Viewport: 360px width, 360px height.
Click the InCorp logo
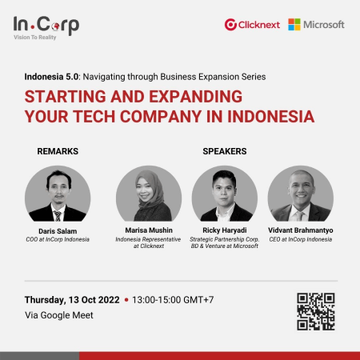click(x=46, y=28)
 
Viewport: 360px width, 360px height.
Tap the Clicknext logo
click(x=252, y=25)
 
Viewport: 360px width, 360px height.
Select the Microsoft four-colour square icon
click(x=294, y=25)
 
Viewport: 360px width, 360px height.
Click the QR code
click(x=316, y=311)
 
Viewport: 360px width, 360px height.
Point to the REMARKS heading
click(x=58, y=151)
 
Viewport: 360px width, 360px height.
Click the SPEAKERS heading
click(x=225, y=151)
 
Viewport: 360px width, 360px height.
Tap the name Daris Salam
click(x=58, y=231)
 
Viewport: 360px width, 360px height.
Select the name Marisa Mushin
click(x=149, y=230)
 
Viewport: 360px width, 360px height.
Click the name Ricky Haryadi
click(x=225, y=230)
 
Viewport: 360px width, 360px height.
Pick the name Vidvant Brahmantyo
click(x=301, y=230)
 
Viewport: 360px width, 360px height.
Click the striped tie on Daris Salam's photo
click(x=58, y=216)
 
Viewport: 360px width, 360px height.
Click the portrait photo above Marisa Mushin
click(x=149, y=194)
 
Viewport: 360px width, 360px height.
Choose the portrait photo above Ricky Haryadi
click(x=225, y=194)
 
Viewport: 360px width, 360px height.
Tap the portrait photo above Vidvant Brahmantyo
click(x=301, y=194)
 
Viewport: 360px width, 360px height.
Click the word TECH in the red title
click(x=94, y=117)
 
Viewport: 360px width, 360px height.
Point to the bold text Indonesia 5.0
click(x=51, y=77)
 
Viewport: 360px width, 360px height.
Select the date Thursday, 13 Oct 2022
click(x=72, y=300)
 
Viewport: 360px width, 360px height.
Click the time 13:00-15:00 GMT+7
click(x=173, y=300)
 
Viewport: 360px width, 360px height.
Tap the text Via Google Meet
click(x=59, y=315)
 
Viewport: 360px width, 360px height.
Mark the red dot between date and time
click(x=126, y=300)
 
